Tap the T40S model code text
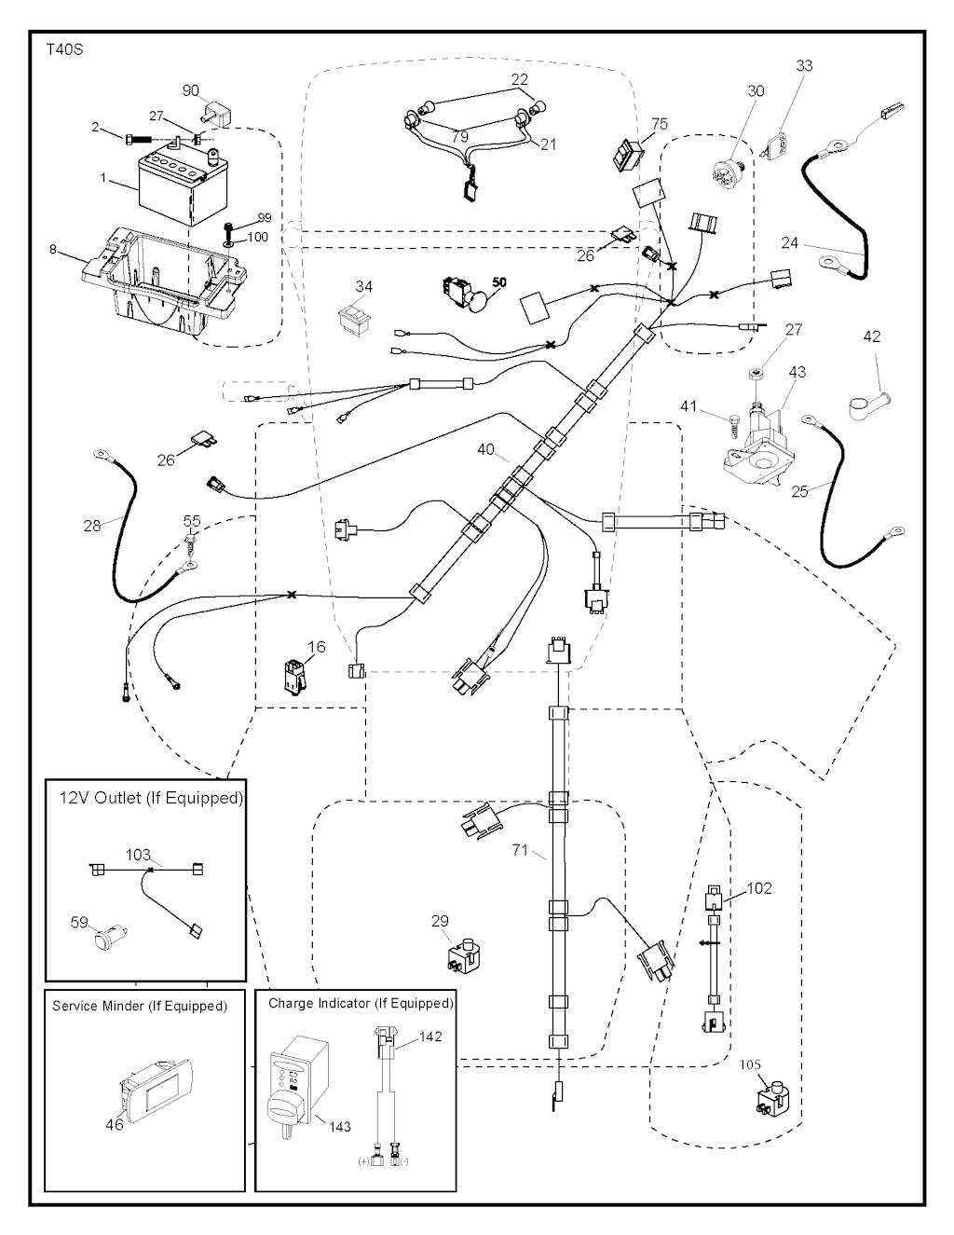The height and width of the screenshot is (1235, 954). tap(64, 49)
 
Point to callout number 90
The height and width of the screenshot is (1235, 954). tap(190, 90)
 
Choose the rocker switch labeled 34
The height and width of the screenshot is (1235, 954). tap(357, 319)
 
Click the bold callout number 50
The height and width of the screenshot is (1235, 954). tap(499, 281)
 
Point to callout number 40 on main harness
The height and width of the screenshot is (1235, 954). tap(485, 449)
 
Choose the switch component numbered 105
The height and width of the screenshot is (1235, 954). tap(771, 1097)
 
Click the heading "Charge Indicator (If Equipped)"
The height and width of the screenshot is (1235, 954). tap(361, 1004)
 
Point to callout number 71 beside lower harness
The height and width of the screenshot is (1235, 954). tap(520, 850)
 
